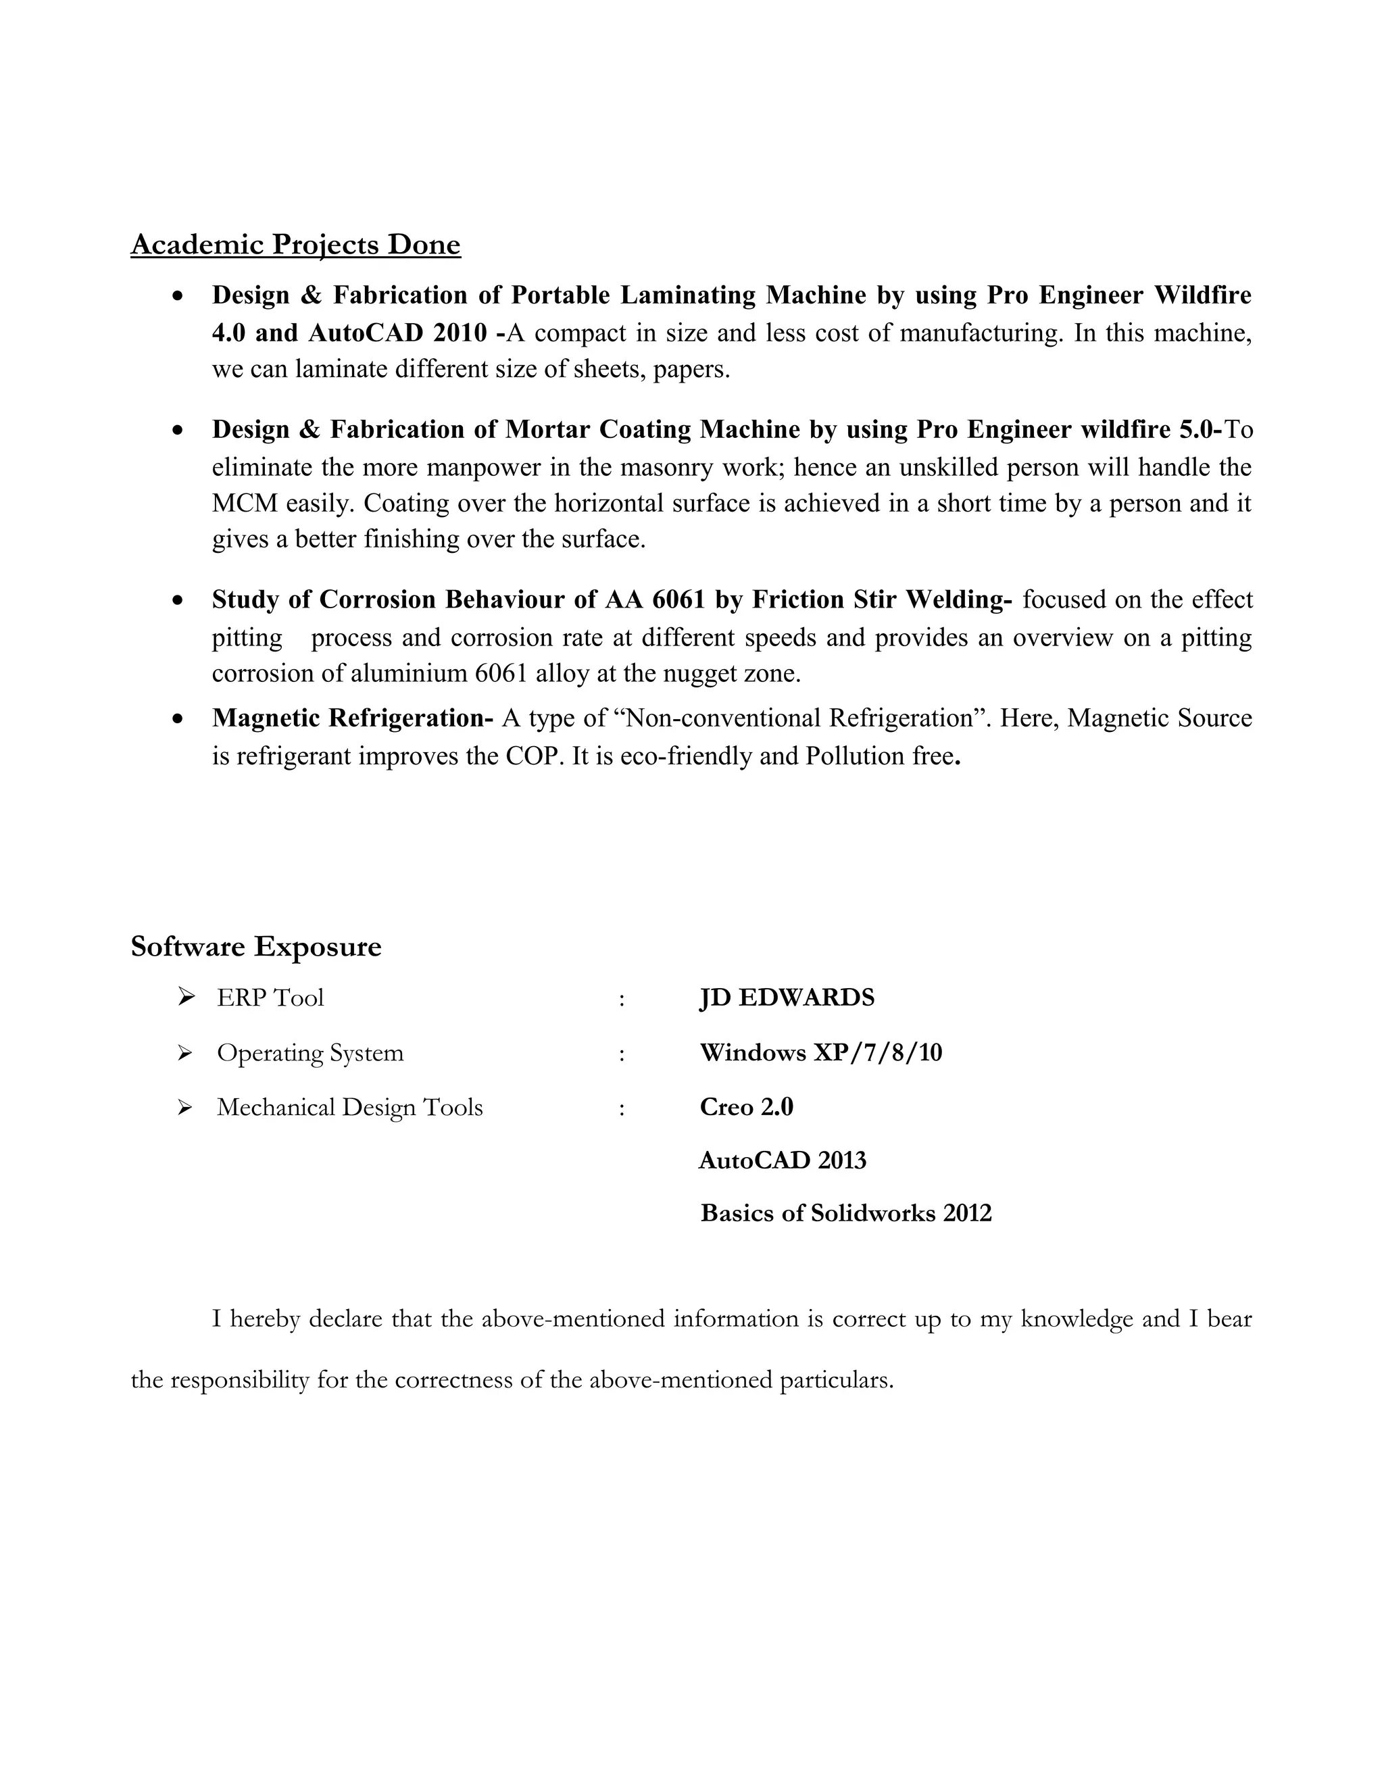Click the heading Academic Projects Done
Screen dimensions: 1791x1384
[x=295, y=245]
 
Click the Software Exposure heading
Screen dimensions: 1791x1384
[x=256, y=946]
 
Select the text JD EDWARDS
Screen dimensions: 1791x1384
[x=787, y=998]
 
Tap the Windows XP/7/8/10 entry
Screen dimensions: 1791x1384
[x=820, y=1053]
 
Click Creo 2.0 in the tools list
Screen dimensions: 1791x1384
[x=746, y=1107]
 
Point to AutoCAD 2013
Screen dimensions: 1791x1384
[x=782, y=1160]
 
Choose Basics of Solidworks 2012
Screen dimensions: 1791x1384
[x=845, y=1213]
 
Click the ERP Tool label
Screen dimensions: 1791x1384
[x=270, y=998]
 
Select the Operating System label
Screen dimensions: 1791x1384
[x=310, y=1053]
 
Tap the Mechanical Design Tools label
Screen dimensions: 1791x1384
[x=349, y=1108]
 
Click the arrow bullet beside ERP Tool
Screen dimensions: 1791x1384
[x=186, y=997]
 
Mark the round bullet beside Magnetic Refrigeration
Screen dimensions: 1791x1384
[x=178, y=719]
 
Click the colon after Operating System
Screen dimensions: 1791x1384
[x=622, y=1054]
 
